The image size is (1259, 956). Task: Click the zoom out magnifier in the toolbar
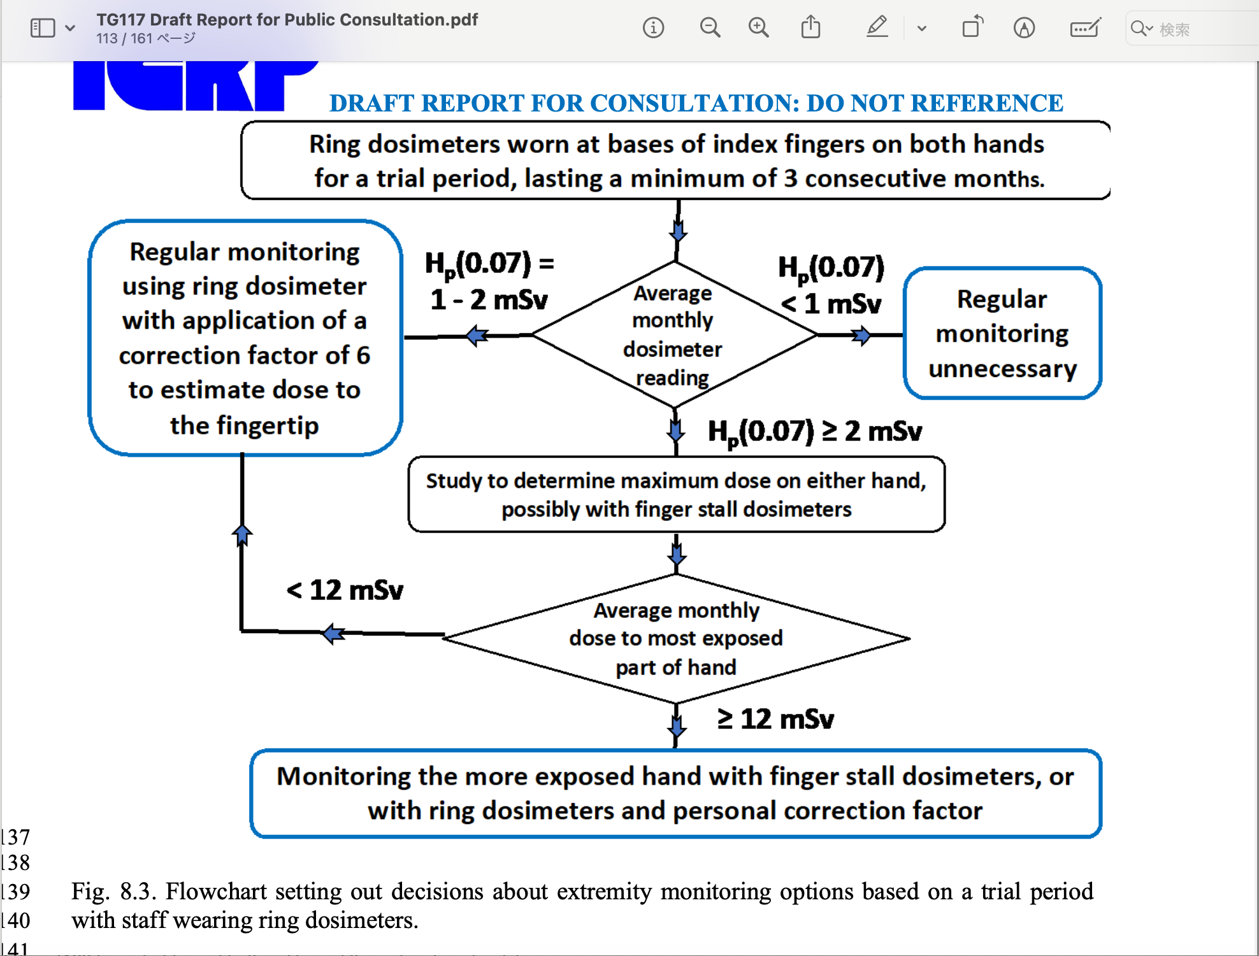coord(709,28)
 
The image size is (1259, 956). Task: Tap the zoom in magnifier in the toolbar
coord(758,28)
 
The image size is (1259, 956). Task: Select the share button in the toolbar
coord(810,27)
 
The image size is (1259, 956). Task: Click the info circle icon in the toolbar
coord(653,28)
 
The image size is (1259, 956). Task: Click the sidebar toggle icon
coord(43,28)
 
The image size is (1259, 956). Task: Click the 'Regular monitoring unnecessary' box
coord(1002,334)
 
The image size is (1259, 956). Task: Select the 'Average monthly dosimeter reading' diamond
coord(674,335)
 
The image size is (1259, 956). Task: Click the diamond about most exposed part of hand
coord(676,639)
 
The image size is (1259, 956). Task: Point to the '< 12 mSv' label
coord(345,590)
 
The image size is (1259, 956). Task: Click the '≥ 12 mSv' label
coord(775,719)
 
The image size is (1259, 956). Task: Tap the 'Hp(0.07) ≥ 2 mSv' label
coord(815,432)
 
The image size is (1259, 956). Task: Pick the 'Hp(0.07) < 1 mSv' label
coord(831,285)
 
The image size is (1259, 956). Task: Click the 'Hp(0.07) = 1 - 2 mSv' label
coord(489,281)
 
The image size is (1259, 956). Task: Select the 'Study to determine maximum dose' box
coord(676,495)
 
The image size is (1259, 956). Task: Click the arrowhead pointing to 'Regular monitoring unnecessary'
coord(862,335)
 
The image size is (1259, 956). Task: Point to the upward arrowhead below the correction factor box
coord(242,534)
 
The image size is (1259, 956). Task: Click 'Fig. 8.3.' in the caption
coord(113,891)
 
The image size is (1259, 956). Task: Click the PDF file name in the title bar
coord(287,20)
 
